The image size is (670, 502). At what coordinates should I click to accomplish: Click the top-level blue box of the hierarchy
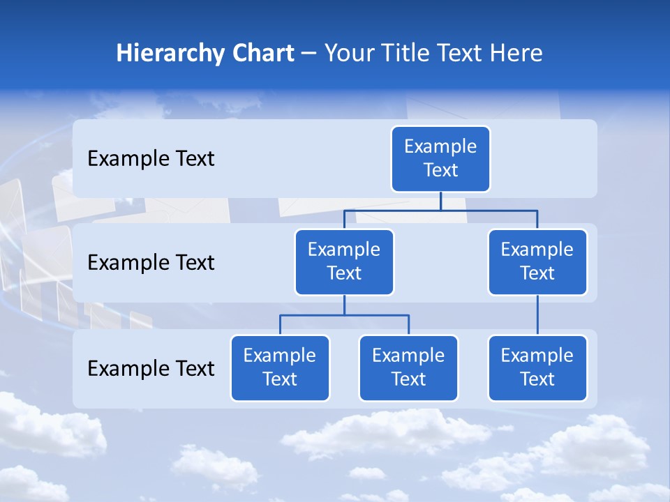point(440,159)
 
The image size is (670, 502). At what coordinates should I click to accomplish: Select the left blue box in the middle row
point(344,262)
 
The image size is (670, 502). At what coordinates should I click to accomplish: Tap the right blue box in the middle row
point(537,262)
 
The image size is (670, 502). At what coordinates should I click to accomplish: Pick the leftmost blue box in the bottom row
point(280,368)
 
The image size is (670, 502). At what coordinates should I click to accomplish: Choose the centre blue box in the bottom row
point(408,368)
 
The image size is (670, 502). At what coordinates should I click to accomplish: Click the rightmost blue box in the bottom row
point(537,368)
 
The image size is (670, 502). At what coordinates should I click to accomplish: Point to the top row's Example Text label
point(151,159)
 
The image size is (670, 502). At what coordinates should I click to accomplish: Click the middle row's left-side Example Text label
point(151,263)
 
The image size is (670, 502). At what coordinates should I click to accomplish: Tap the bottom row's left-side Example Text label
point(151,368)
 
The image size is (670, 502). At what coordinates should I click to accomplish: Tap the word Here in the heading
point(518,53)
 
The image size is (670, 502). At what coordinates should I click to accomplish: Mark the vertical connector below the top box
point(440,201)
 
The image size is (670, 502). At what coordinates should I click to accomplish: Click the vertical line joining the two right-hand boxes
point(537,315)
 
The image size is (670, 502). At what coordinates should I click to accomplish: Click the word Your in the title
point(348,54)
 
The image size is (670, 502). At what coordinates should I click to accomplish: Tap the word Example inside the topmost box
point(440,147)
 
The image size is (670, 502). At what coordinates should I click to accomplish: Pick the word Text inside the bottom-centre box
point(408,380)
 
